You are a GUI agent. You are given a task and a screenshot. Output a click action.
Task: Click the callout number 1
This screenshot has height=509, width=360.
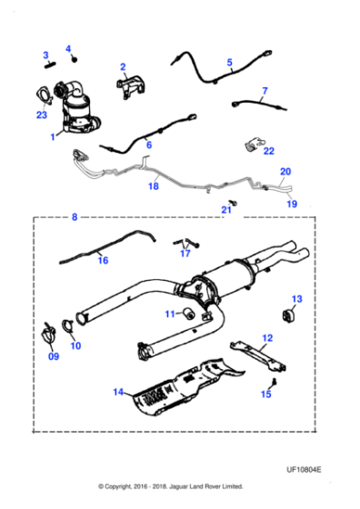coord(54,137)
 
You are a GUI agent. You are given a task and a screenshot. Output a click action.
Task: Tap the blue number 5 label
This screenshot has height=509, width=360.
coord(230,63)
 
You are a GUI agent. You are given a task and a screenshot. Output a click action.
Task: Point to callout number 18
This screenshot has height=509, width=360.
coord(153,186)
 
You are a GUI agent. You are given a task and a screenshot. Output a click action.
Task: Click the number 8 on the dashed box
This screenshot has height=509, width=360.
coord(75,217)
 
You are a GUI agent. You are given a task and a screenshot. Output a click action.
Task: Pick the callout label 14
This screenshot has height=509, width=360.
coord(117,392)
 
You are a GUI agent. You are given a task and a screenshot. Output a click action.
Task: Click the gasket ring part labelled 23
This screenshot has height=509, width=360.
coord(44,94)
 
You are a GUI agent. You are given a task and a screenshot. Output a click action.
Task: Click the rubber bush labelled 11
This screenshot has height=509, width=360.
coord(185,314)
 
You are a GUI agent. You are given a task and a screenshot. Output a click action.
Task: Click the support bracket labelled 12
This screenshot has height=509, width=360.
coord(259,354)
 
